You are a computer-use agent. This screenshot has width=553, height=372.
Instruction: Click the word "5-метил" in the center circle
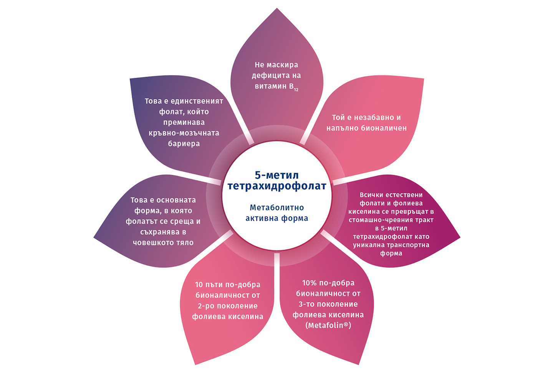click(x=276, y=175)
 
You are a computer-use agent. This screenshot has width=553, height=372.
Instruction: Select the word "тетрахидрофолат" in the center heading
click(x=276, y=186)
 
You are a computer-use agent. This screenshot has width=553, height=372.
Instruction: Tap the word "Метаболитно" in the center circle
click(x=276, y=207)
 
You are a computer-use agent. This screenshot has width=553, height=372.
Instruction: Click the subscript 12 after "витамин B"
click(x=296, y=90)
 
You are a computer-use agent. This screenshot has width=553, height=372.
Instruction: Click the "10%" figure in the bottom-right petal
click(x=310, y=283)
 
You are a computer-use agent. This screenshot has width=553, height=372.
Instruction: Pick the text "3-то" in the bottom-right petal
click(x=306, y=304)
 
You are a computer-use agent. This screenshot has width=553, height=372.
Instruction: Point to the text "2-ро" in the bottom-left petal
click(x=206, y=306)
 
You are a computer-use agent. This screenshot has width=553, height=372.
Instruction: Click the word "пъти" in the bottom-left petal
click(x=214, y=285)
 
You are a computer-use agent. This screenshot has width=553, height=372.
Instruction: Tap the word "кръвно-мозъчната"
click(x=184, y=133)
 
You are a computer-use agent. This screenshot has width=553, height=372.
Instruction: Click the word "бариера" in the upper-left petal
click(x=184, y=144)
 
